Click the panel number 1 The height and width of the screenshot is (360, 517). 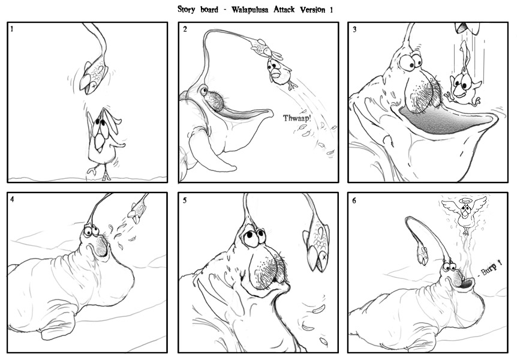[x=12, y=29]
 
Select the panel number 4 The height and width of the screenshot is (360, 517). [x=12, y=199]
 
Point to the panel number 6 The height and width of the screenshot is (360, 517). [x=354, y=200]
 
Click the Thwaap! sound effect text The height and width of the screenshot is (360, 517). [x=297, y=118]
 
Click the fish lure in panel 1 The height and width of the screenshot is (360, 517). [x=94, y=77]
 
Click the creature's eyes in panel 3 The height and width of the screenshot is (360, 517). [x=411, y=61]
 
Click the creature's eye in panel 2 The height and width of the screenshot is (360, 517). [x=203, y=90]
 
